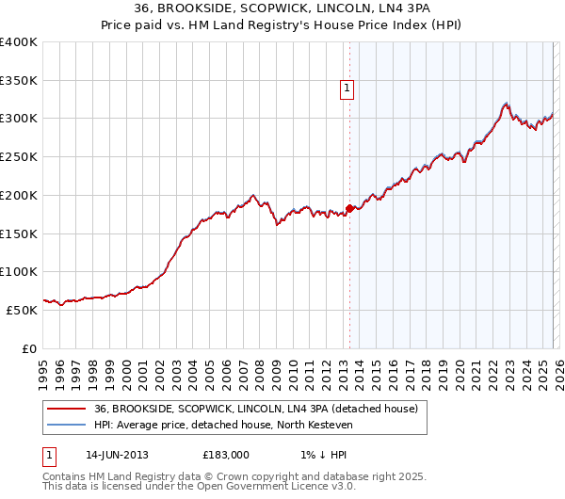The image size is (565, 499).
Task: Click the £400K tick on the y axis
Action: pyautogui.click(x=19, y=42)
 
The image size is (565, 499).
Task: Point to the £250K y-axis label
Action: pyautogui.click(x=19, y=157)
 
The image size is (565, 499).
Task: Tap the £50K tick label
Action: pyautogui.click(x=22, y=310)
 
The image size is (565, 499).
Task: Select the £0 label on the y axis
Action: pyautogui.click(x=30, y=348)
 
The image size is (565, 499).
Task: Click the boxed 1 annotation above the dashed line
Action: pyautogui.click(x=347, y=89)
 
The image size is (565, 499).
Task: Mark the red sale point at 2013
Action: pyautogui.click(x=349, y=208)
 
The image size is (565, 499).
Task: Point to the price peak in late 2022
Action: pyautogui.click(x=507, y=104)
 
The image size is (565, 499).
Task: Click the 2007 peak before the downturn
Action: pyautogui.click(x=253, y=196)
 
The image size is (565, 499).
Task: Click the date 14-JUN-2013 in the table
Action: pyautogui.click(x=119, y=455)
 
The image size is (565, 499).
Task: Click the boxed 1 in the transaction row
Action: pyautogui.click(x=51, y=455)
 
